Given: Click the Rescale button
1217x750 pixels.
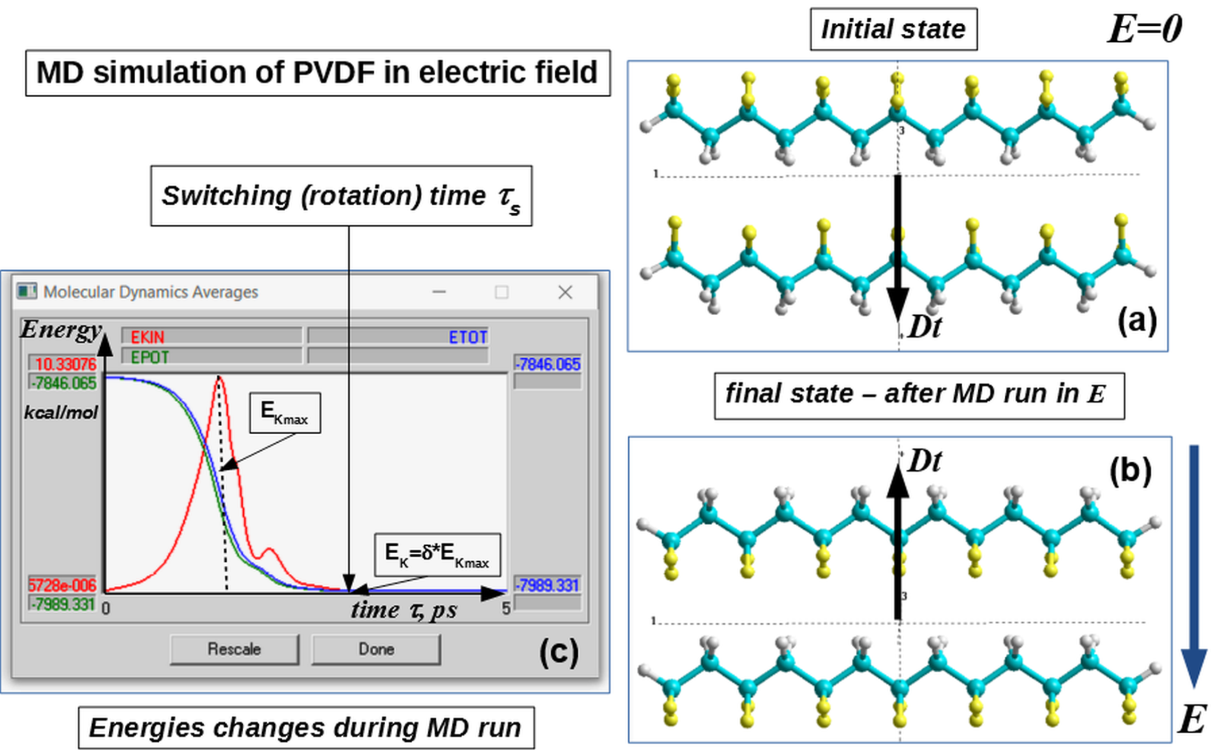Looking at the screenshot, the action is click(x=234, y=649).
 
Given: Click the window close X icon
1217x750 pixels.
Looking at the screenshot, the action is click(x=565, y=292).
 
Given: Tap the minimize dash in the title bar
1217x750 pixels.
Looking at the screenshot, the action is click(x=439, y=292).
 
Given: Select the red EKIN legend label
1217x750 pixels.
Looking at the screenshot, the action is click(x=147, y=337).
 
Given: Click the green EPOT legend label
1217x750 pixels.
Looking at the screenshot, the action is click(x=149, y=358).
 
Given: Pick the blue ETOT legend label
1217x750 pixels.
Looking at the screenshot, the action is click(x=468, y=337).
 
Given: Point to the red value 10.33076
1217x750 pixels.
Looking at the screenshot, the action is click(x=65, y=364).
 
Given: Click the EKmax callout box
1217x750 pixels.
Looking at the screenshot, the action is click(x=285, y=412).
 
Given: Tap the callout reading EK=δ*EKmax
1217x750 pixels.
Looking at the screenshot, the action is click(x=437, y=555).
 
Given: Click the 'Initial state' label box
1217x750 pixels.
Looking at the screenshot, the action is click(x=893, y=29).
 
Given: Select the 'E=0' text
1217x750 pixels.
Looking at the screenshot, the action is click(x=1144, y=28).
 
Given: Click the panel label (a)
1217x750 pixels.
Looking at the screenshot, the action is click(x=1136, y=320).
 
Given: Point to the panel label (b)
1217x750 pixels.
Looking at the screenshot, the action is click(x=1130, y=471).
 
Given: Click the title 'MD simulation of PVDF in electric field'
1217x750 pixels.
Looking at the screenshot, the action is click(x=318, y=73).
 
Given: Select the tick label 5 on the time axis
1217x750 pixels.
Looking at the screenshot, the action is click(x=505, y=608).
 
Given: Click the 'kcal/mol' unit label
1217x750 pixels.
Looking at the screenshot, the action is click(x=61, y=412).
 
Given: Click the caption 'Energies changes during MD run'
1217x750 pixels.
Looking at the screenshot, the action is click(x=306, y=728).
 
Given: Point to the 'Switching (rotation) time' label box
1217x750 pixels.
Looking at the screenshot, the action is click(x=341, y=196).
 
